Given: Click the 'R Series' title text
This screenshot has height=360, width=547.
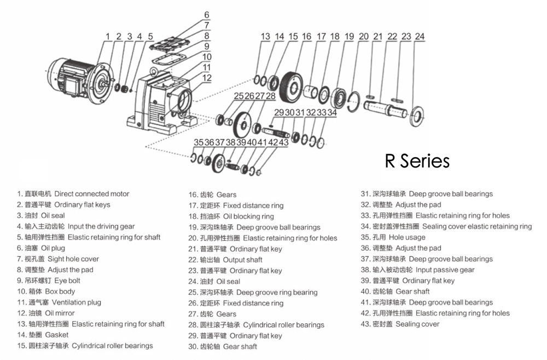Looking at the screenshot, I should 417,161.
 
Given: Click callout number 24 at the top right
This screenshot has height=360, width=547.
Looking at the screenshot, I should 420,37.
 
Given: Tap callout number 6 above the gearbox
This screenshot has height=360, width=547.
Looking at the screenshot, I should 207,15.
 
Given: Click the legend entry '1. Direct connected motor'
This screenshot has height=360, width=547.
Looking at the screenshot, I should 73,194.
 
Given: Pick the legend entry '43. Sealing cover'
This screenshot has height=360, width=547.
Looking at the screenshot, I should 399,324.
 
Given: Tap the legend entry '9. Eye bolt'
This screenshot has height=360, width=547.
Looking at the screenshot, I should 49,281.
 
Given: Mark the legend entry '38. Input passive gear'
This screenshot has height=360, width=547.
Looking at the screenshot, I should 417,270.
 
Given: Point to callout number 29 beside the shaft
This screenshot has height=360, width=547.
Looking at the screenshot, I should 278,113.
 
